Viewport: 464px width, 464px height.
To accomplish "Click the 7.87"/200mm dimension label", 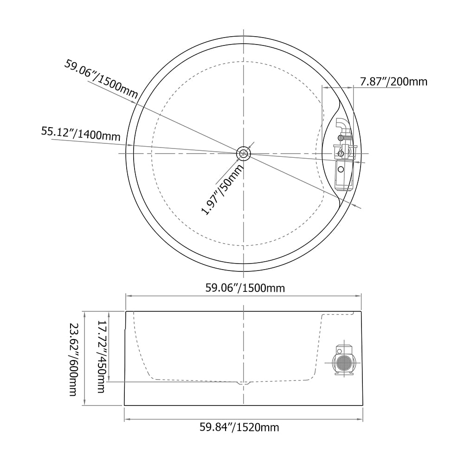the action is click(x=393, y=81).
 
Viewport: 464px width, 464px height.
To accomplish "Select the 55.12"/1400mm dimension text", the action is click(x=81, y=134).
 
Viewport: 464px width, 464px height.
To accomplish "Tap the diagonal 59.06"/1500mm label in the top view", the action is click(x=101, y=79).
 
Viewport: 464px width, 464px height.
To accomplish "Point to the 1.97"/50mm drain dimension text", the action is click(x=223, y=190).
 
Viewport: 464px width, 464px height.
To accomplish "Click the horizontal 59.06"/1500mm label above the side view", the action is click(x=245, y=288).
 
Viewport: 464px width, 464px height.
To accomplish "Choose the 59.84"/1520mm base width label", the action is click(x=239, y=427).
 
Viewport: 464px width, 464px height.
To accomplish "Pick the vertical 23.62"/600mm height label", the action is click(x=73, y=359).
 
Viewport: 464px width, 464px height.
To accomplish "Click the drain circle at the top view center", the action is click(x=244, y=154).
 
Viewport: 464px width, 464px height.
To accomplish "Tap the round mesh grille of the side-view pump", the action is click(x=343, y=362).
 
